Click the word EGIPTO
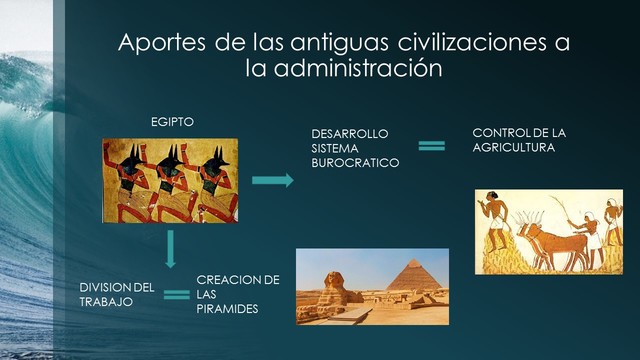pos(171,121)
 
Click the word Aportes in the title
pos(158,45)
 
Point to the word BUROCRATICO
pos(355,161)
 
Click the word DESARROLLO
pos(349,133)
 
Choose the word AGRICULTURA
pos(513,147)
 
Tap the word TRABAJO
pos(107,301)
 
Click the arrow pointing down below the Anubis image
pos(172,248)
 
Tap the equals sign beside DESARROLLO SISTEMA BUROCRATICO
pos(431,146)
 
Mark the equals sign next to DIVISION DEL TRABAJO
pos(176,294)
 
